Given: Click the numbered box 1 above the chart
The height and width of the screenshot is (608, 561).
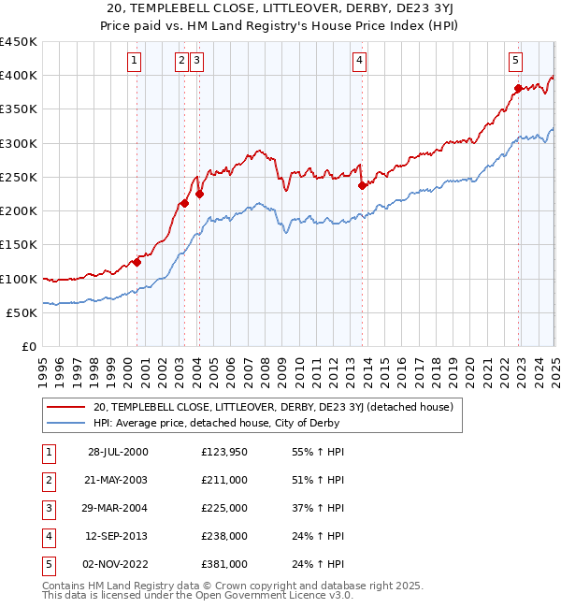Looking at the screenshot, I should [x=135, y=62].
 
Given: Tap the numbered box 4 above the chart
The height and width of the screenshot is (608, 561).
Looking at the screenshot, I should [x=360, y=62].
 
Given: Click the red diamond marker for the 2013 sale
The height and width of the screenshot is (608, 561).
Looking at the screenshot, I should [x=361, y=185].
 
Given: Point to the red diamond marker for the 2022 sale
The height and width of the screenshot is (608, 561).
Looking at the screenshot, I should [x=517, y=89].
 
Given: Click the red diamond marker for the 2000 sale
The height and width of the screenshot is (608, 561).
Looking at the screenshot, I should [x=137, y=262].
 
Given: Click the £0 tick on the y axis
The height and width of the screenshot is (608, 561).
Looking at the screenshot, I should [x=30, y=347].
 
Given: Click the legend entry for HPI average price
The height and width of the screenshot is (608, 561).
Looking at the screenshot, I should [x=216, y=423].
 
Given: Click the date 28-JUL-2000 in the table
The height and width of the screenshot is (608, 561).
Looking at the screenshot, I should [x=118, y=452].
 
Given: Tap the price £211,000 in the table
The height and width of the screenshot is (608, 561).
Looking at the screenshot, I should [x=224, y=480].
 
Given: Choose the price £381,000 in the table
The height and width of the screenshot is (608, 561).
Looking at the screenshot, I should [x=224, y=564].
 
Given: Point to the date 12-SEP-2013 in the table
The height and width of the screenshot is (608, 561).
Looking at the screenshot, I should [x=118, y=536].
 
